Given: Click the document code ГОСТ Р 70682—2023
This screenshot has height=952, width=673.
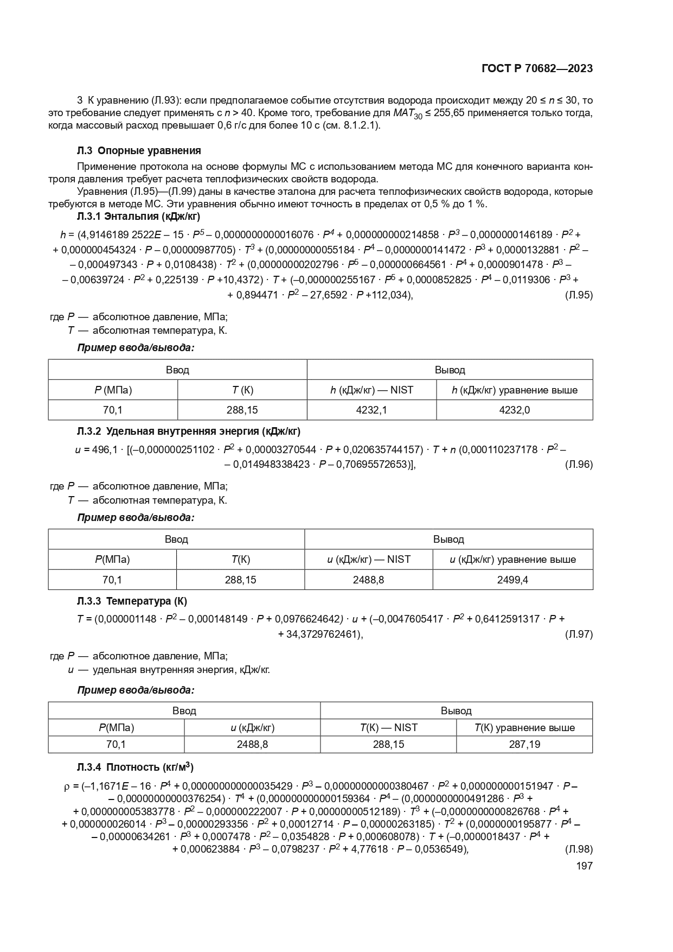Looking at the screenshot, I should click(x=537, y=68).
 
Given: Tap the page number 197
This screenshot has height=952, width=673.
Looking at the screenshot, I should click(x=584, y=866).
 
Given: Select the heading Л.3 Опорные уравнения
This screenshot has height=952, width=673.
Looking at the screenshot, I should click(x=139, y=150).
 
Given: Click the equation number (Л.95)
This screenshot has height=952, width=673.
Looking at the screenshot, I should click(x=579, y=295).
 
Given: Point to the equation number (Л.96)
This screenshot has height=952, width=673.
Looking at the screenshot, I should click(x=579, y=464).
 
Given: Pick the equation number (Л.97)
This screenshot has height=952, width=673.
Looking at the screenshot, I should click(x=579, y=634).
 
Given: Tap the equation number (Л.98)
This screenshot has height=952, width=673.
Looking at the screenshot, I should click(x=579, y=849).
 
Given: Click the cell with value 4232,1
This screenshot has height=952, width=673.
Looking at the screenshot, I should click(x=371, y=410).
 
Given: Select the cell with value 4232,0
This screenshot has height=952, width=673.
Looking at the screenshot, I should click(x=514, y=410).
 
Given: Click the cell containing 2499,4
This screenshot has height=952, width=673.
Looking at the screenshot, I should click(x=512, y=580).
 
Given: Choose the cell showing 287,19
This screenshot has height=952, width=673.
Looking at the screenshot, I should click(x=524, y=744).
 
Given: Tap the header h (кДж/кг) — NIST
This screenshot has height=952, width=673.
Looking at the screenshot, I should click(x=371, y=390).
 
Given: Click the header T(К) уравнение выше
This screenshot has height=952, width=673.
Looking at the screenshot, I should click(x=524, y=727).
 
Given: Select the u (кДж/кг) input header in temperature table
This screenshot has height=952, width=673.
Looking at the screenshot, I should click(x=252, y=727).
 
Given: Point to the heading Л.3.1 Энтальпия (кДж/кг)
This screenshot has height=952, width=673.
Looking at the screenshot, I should click(x=139, y=217).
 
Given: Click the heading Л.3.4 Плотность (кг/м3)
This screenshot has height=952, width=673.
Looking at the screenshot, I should click(x=136, y=767).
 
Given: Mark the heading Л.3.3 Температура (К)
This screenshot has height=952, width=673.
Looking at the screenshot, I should click(x=132, y=601).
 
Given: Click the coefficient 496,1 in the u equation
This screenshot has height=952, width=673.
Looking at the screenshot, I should click(x=105, y=450).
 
